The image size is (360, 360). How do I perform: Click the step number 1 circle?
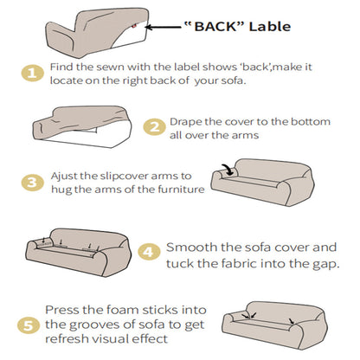(31, 74)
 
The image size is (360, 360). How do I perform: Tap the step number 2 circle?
(153, 127)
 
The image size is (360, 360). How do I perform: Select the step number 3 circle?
(31, 183)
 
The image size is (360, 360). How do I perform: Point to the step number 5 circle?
(31, 325)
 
